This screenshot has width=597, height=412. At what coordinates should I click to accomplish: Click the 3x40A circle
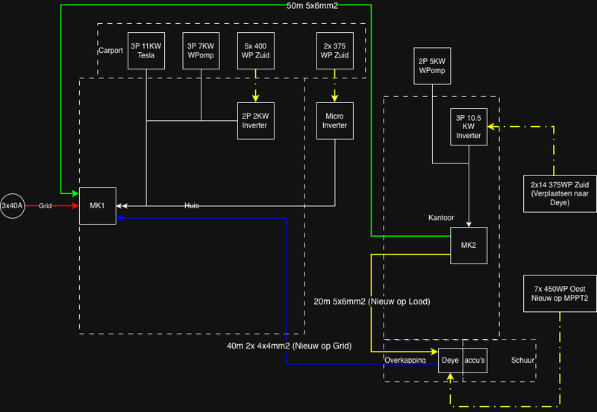point(13,205)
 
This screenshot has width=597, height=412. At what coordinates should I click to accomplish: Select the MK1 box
point(98,205)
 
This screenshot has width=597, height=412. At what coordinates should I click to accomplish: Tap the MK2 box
point(469,246)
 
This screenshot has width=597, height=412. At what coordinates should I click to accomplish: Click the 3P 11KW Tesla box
point(146,51)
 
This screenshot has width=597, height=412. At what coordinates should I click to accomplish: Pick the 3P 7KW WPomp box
point(201,51)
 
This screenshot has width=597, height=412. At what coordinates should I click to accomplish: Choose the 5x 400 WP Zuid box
point(256,51)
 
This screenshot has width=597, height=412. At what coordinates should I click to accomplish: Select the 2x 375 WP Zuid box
point(334,51)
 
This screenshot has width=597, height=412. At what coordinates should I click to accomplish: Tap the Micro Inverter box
point(335,120)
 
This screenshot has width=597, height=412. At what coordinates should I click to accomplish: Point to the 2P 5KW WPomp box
point(432,66)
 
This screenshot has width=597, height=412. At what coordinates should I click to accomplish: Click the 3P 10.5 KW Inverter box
point(469,127)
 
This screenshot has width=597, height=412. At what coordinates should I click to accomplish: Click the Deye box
point(450,360)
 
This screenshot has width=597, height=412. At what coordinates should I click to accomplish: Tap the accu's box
point(475,360)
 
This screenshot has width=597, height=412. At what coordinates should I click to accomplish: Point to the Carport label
point(111,51)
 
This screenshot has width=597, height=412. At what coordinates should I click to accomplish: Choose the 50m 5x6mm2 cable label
point(314,7)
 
